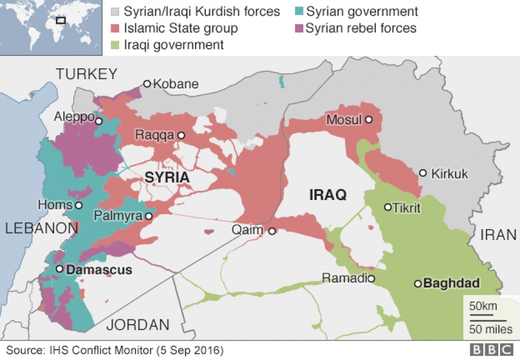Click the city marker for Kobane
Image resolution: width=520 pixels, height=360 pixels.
[147, 83]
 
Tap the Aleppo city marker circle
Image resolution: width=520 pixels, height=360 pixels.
[99, 121]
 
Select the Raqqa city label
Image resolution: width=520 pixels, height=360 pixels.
[159, 135]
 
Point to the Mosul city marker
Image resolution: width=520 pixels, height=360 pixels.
[368, 119]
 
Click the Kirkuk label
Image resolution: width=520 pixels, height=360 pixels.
[450, 173]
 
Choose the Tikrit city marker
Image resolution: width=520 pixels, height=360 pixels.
[388, 207]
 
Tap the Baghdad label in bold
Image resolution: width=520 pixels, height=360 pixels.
[451, 284]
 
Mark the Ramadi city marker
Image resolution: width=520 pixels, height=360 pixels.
[372, 279]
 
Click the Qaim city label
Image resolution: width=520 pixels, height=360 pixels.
[248, 230]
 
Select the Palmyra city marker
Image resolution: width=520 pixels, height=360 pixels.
[148, 216]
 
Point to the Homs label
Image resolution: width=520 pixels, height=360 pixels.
[55, 205]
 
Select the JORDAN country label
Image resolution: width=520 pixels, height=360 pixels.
[138, 325]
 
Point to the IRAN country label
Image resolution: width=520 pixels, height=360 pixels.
[498, 235]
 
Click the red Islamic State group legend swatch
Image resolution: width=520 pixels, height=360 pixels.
[115, 28]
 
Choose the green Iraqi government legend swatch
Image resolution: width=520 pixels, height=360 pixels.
[115, 44]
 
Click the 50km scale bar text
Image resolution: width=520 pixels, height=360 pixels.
[483, 306]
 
